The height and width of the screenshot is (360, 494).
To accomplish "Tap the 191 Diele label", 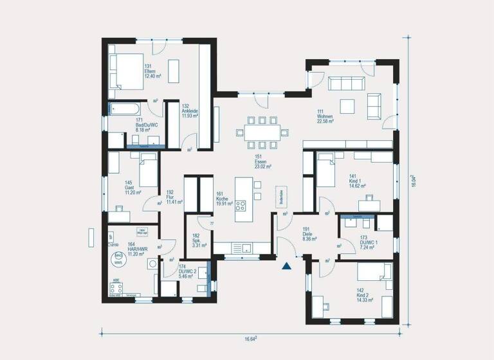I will pyautogui.click(x=307, y=233).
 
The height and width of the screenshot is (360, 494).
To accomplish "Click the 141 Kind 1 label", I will pyautogui.click(x=358, y=181).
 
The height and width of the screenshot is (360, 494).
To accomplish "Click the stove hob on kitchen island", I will pyautogui.click(x=241, y=206).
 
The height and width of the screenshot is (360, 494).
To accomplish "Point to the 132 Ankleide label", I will pyautogui.click(x=190, y=111).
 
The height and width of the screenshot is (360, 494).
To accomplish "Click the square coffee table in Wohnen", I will pyautogui.click(x=348, y=105).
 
